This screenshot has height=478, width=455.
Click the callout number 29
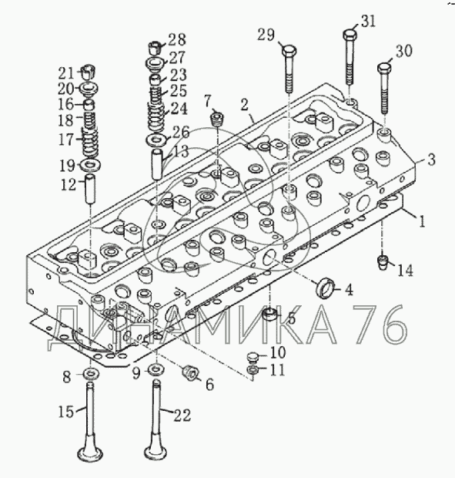(266, 35)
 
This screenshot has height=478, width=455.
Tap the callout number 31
(368, 22)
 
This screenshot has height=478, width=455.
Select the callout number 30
(403, 51)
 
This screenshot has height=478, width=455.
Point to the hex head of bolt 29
(289, 51)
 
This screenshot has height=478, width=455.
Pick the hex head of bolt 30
(385, 67)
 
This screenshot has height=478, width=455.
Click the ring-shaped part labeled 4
(326, 287)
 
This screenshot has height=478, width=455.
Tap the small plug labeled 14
(383, 262)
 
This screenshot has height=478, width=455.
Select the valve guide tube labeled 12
(90, 189)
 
